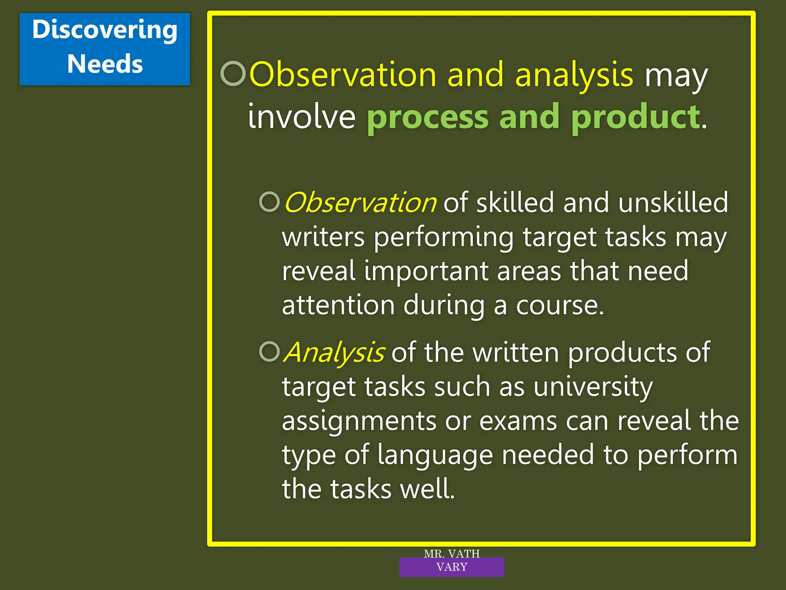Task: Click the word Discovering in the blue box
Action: tap(105, 30)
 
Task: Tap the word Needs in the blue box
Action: tap(105, 64)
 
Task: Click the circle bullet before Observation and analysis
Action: tap(233, 73)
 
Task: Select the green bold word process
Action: tap(428, 117)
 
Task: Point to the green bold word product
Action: tap(636, 117)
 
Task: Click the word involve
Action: tap(302, 117)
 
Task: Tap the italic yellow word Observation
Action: tap(360, 202)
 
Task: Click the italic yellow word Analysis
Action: tap(334, 352)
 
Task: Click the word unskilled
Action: tap(673, 202)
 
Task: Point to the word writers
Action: tap(323, 237)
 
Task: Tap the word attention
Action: tap(338, 305)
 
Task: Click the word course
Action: tap(559, 305)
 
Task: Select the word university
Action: tap(593, 387)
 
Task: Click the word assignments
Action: tap(359, 421)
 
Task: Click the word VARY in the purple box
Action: tap(452, 567)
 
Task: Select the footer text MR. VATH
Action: tap(452, 554)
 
